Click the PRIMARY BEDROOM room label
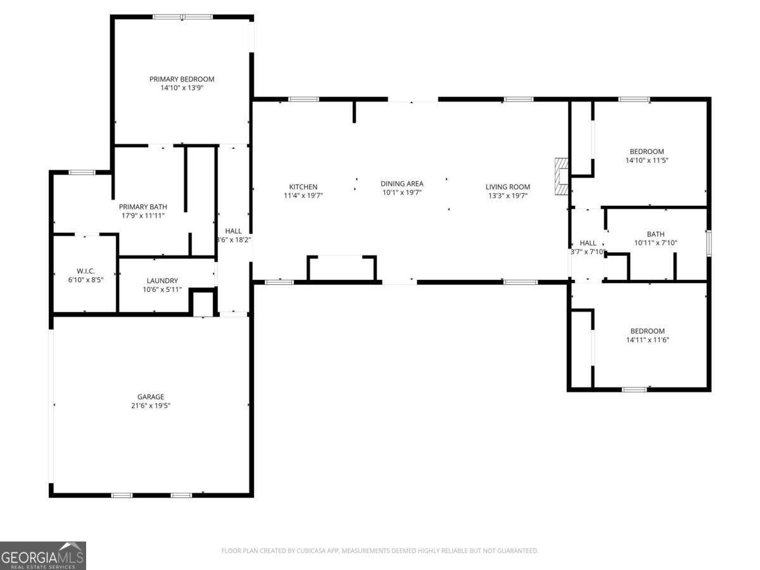pyautogui.click(x=182, y=79)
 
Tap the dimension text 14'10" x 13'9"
pyautogui.click(x=182, y=89)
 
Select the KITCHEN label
pyautogui.click(x=303, y=187)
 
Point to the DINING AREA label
pyautogui.click(x=402, y=184)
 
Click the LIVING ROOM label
pyautogui.click(x=507, y=187)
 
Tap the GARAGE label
pyautogui.click(x=151, y=397)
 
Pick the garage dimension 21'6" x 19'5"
pyautogui.click(x=151, y=406)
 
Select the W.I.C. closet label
pyautogui.click(x=85, y=271)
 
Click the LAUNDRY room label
pyautogui.click(x=162, y=281)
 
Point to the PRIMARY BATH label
pyautogui.click(x=143, y=206)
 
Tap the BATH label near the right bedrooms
pyautogui.click(x=655, y=234)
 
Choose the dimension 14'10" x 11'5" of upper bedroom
pyautogui.click(x=647, y=161)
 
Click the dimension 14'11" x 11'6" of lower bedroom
pyautogui.click(x=647, y=340)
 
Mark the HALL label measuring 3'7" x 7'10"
pyautogui.click(x=588, y=243)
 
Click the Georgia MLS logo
pyautogui.click(x=42, y=555)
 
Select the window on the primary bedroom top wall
pyautogui.click(x=182, y=17)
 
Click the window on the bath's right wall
pyautogui.click(x=709, y=243)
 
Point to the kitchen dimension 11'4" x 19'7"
pyautogui.click(x=303, y=196)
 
